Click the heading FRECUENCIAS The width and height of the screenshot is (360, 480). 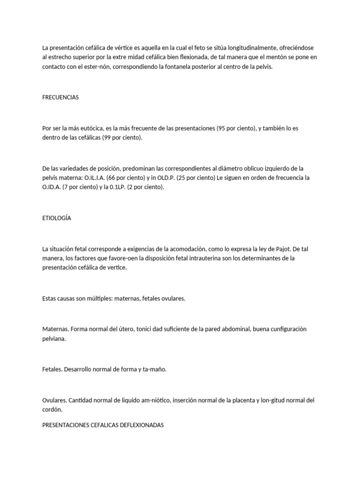[60, 97]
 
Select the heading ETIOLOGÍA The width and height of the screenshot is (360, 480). [57, 218]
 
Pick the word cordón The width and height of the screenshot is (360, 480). [52, 410]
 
